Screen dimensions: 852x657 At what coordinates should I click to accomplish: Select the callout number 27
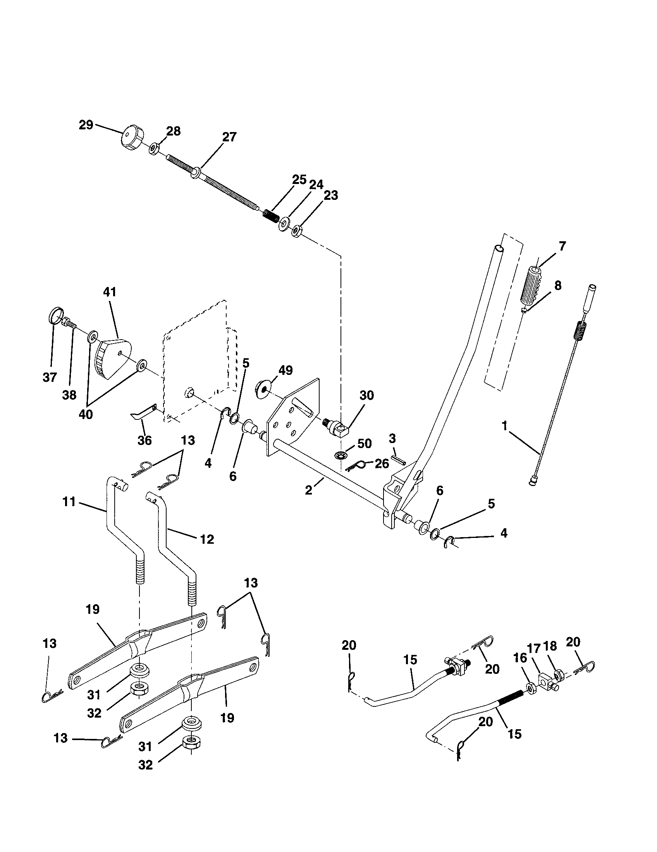229,137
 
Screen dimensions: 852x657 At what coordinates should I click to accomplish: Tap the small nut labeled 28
154,149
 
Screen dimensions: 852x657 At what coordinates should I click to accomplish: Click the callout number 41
110,292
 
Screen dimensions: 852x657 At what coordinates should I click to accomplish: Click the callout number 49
286,370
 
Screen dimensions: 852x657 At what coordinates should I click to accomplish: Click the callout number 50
365,443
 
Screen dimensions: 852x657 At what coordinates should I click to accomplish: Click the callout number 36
144,440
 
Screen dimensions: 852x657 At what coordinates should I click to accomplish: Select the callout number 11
69,502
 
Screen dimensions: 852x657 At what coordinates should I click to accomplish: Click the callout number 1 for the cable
505,426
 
